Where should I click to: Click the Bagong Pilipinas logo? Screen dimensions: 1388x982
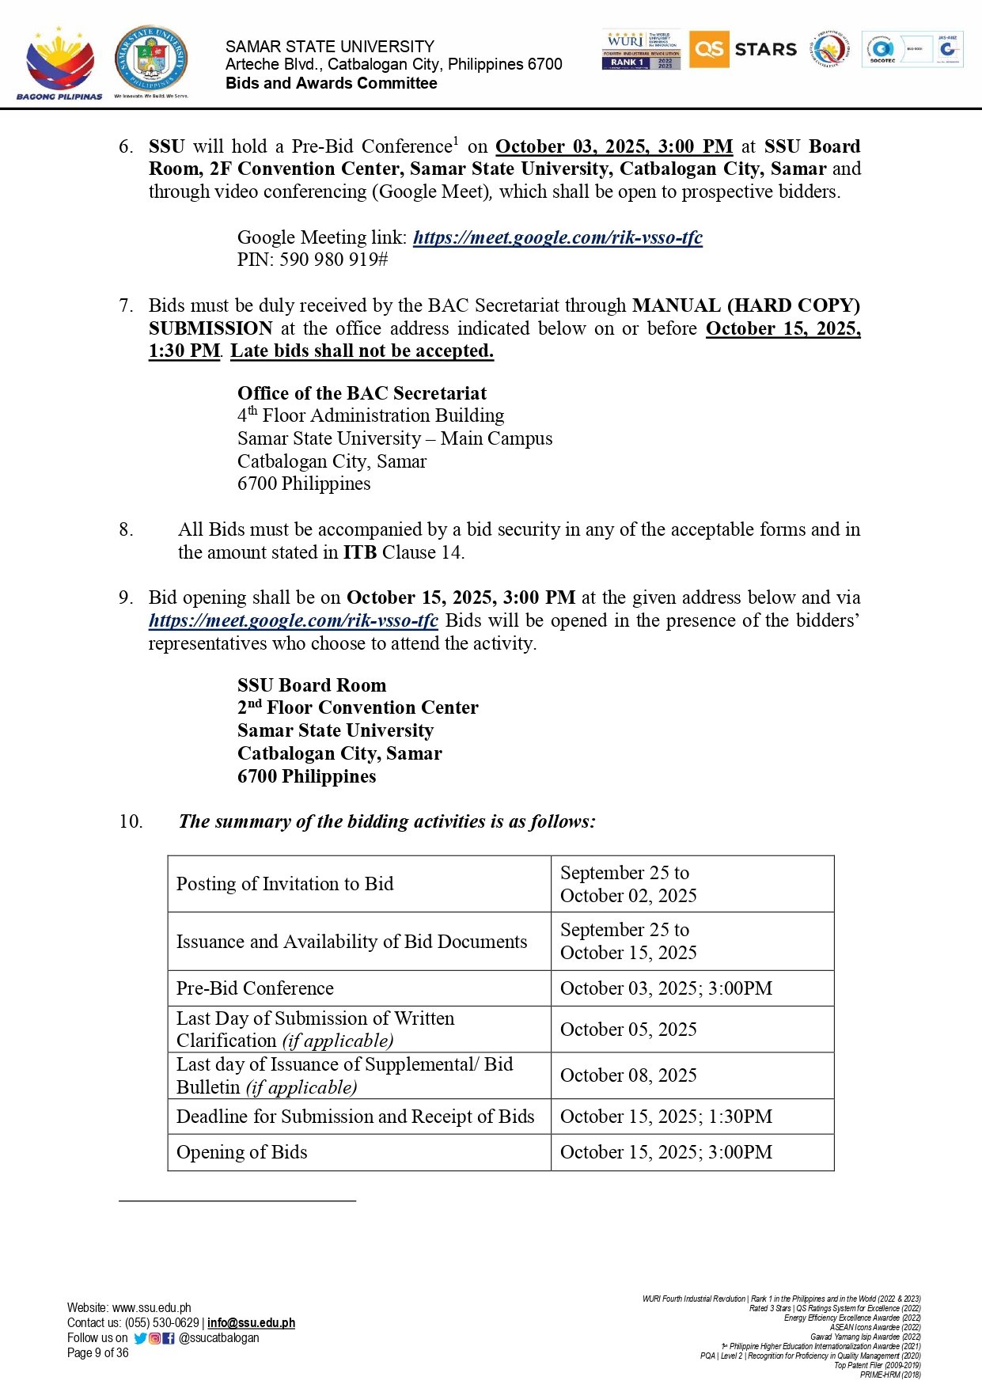tap(59, 63)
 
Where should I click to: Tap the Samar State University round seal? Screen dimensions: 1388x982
tap(151, 59)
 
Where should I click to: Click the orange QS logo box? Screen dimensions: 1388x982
tap(708, 49)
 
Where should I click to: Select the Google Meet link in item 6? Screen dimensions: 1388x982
tap(557, 237)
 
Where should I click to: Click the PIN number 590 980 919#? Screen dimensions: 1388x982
tap(333, 260)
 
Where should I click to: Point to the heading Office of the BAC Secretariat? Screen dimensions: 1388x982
tap(362, 393)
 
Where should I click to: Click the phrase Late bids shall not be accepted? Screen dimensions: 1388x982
tap(362, 351)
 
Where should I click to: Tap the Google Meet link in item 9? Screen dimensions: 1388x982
tap(293, 620)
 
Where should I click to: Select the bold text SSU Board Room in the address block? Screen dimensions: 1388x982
tap(312, 685)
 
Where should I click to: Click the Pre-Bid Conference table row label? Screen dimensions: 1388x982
tap(255, 988)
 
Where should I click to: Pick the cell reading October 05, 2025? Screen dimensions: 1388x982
tap(628, 1030)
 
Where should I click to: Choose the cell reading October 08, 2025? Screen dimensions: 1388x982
tap(628, 1075)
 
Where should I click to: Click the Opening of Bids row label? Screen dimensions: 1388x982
tap(241, 1152)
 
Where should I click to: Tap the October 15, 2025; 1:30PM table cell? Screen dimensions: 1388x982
tap(665, 1117)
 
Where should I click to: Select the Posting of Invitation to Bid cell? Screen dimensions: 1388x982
tap(284, 884)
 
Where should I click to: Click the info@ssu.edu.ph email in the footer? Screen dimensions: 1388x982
tap(251, 1322)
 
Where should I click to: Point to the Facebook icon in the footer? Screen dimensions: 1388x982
tap(169, 1338)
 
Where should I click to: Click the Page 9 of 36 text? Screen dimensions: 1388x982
tap(97, 1352)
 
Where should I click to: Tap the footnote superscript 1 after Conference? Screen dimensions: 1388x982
tap(456, 141)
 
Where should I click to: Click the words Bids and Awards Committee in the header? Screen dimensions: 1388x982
tap(331, 83)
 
